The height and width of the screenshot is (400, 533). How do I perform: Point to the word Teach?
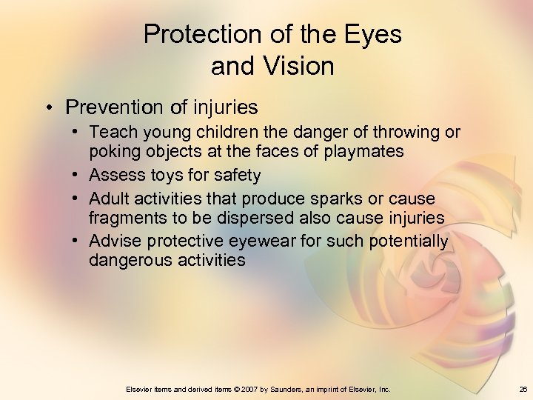pos(110,133)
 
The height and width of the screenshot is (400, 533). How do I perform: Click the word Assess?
pos(113,176)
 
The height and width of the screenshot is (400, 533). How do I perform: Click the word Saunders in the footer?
pos(298,389)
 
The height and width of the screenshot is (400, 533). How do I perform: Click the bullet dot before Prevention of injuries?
pos(46,108)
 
